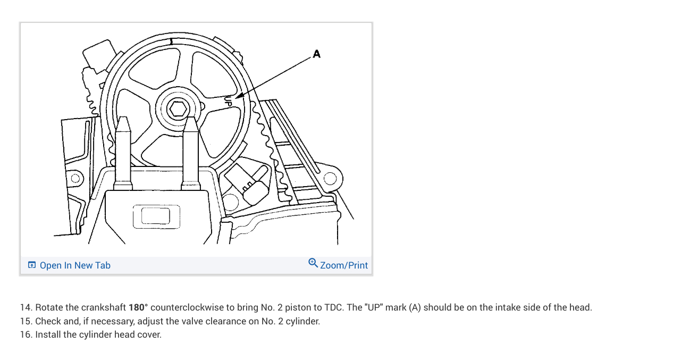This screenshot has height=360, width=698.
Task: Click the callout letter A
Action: [317, 54]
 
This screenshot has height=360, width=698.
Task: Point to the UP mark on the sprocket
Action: [229, 101]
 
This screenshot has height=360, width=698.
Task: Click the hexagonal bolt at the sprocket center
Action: [178, 109]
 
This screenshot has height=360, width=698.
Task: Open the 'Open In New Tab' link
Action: [75, 265]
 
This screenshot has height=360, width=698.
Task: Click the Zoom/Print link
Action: [344, 265]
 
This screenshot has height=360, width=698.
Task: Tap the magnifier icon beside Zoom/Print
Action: [313, 263]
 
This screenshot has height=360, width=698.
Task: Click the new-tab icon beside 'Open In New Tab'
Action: [32, 265]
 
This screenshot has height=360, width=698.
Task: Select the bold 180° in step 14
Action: [138, 307]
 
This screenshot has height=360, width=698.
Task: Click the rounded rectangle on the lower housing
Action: [156, 215]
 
